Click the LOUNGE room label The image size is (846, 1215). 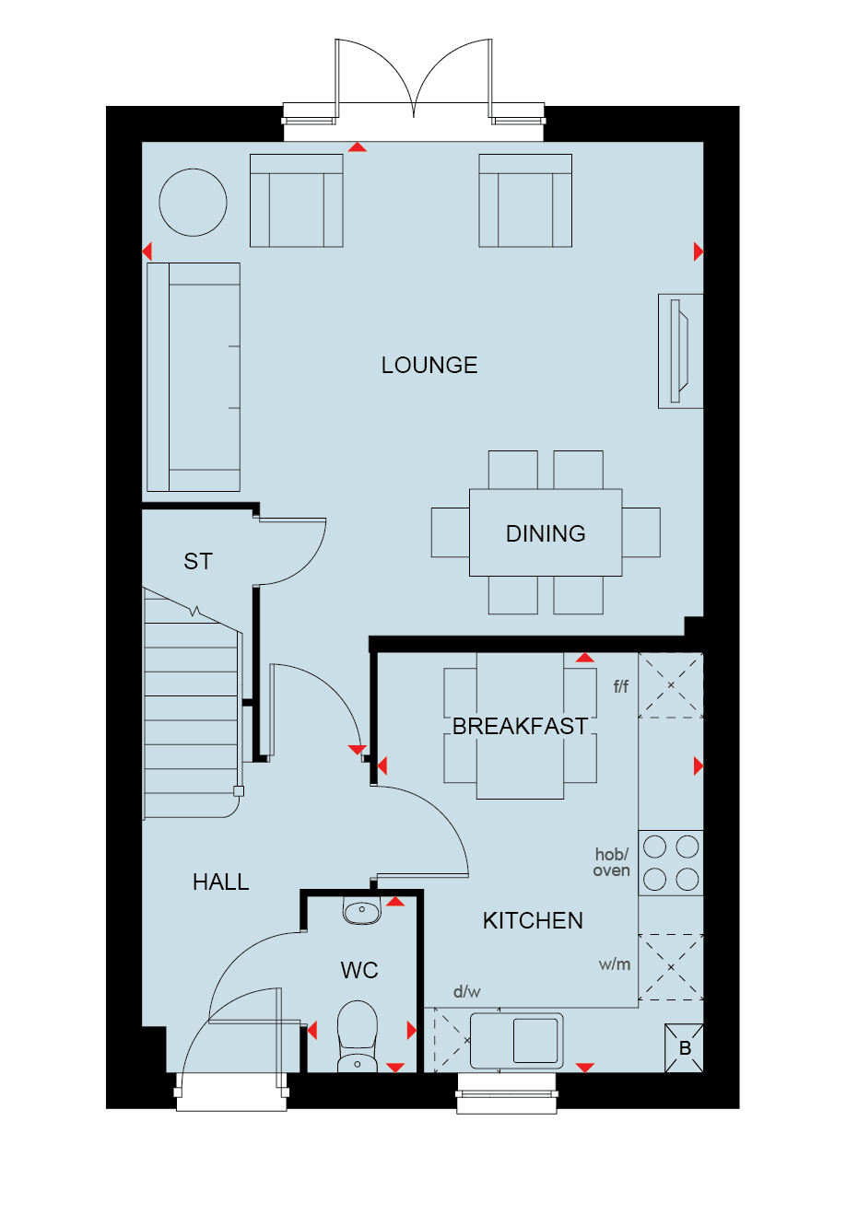point(429,365)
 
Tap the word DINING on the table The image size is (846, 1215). point(546,533)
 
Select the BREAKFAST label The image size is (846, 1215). point(520,726)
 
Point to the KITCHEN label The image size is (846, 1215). point(533,920)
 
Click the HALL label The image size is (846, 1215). point(221,882)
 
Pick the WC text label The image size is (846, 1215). point(359,970)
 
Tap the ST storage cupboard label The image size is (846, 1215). point(198,561)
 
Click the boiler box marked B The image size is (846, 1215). point(685,1048)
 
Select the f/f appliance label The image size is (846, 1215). point(621,686)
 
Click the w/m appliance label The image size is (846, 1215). point(615,964)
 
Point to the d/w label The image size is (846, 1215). point(466,991)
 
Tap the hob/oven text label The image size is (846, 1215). point(612,862)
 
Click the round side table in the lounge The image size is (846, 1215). point(193,203)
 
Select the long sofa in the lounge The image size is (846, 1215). point(194,377)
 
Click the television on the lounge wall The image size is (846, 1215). point(679,351)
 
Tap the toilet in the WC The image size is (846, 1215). point(357,1036)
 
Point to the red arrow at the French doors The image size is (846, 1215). point(357,147)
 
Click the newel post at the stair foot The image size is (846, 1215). point(239,791)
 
